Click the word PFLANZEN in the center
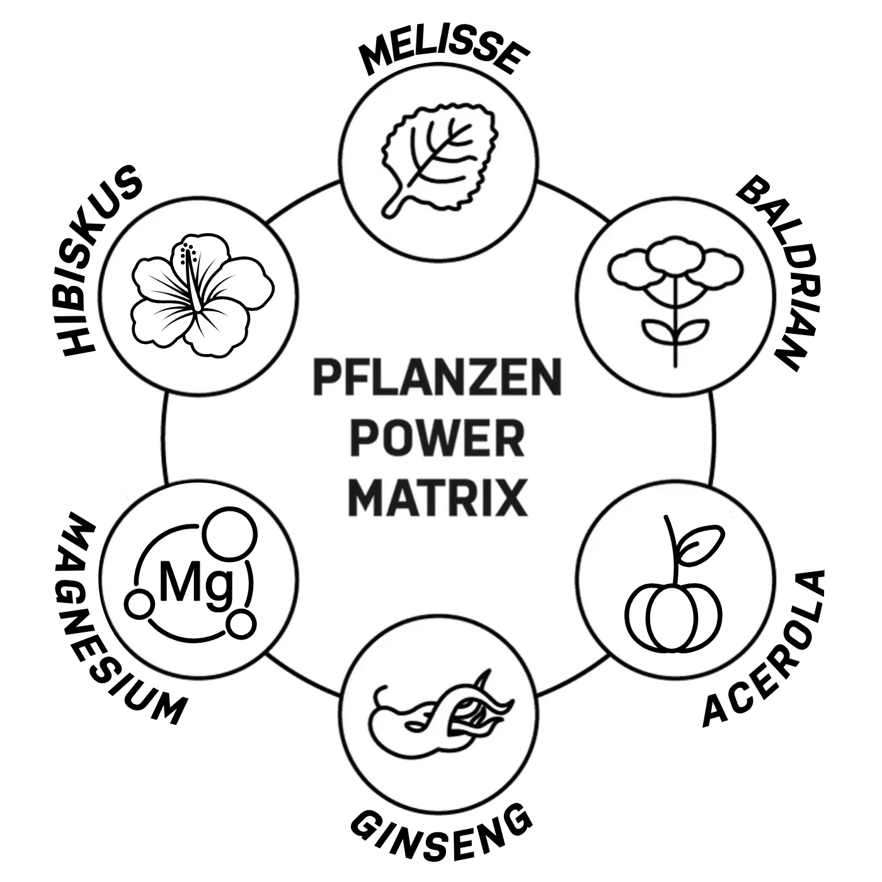point(437,377)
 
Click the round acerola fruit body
point(674,617)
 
